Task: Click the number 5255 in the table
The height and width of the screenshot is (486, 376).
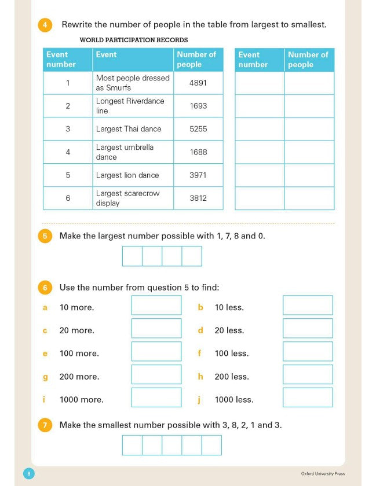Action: pyautogui.click(x=198, y=129)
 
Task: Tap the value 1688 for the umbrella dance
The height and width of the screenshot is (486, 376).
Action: pyautogui.click(x=198, y=152)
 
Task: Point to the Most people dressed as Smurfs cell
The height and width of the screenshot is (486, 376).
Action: pyautogui.click(x=133, y=83)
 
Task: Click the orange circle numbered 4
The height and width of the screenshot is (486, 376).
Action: pyautogui.click(x=45, y=25)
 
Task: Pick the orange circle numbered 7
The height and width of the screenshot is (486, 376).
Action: pyautogui.click(x=45, y=425)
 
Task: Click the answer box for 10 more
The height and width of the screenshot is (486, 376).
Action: pyautogui.click(x=156, y=305)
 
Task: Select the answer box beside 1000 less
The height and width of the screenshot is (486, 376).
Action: pyautogui.click(x=308, y=397)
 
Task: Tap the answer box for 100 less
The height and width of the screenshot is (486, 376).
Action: pyautogui.click(x=308, y=351)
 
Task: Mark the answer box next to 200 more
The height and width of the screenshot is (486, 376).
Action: pyautogui.click(x=156, y=374)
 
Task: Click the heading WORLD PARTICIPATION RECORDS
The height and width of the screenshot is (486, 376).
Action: pyautogui.click(x=134, y=40)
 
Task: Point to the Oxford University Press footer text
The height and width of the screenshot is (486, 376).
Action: pyautogui.click(x=323, y=474)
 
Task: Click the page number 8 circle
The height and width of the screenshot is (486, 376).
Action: pyautogui.click(x=29, y=474)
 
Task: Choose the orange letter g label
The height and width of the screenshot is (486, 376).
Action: pyautogui.click(x=45, y=377)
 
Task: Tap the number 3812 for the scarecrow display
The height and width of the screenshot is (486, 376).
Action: pyautogui.click(x=198, y=198)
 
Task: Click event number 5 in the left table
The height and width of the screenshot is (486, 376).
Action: pyautogui.click(x=68, y=175)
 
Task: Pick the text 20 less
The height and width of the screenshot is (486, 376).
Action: pyautogui.click(x=229, y=330)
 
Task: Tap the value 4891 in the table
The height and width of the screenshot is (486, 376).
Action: pyautogui.click(x=198, y=83)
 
